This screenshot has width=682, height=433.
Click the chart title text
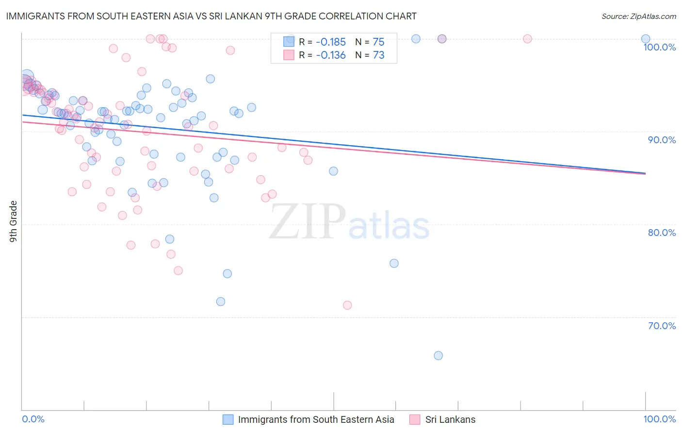click(211, 16)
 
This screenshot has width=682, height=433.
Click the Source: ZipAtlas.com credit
click(638, 16)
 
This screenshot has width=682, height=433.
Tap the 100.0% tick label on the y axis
click(659, 47)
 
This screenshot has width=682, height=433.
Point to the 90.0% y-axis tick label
click(662, 140)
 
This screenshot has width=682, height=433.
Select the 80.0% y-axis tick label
click(662, 233)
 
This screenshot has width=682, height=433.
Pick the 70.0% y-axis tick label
click(662, 326)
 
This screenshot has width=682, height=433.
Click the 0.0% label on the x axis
click(33, 419)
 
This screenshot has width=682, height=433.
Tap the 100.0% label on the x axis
click(659, 419)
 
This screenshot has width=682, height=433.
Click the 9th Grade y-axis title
click(14, 221)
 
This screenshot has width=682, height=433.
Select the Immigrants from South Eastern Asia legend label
click(316, 419)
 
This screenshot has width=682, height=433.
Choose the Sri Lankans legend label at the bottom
click(450, 419)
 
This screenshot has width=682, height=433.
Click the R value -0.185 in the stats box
click(330, 42)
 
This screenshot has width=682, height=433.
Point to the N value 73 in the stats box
click(378, 55)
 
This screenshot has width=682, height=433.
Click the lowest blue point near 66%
click(438, 355)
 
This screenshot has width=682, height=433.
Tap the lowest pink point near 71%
click(347, 305)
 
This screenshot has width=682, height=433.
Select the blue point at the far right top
click(646, 39)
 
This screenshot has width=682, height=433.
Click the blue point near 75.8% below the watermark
click(394, 263)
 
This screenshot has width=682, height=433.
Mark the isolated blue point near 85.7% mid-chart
click(333, 171)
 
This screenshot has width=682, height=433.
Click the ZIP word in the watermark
click(308, 222)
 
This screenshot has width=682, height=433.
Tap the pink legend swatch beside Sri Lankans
click(414, 419)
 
